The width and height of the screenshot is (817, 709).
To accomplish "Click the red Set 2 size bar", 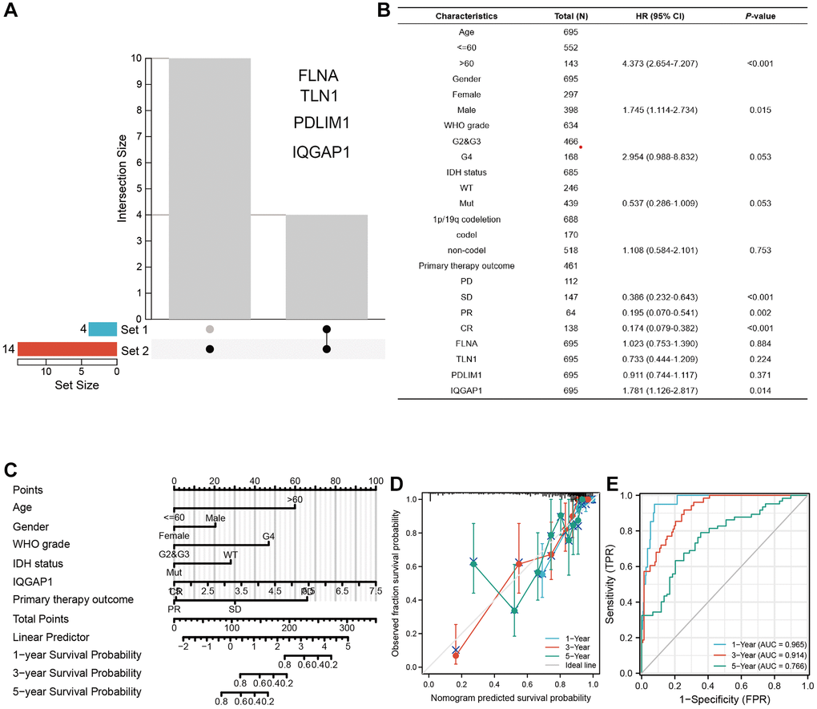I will click(66, 349).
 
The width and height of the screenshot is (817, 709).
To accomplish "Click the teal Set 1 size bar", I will click(102, 328).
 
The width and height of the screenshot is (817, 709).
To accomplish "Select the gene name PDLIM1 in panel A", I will click(321, 124).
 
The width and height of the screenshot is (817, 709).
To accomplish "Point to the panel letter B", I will click(406, 10).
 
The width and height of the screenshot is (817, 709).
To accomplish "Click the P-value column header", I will click(750, 16).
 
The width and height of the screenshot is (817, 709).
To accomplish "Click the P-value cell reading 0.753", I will click(750, 250).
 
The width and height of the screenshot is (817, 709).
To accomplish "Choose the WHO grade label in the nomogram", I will click(38, 545).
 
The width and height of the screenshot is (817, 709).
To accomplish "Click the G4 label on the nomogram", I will click(268, 535).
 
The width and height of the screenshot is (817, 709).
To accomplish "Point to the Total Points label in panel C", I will click(40, 618).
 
